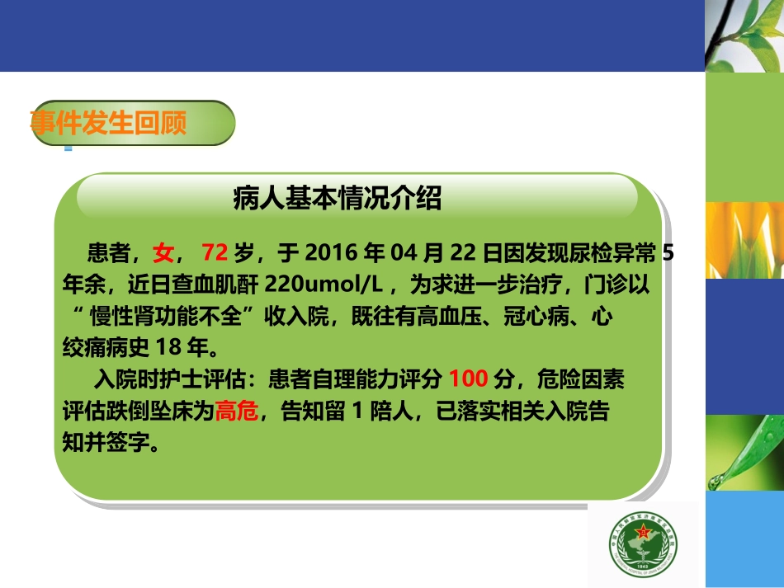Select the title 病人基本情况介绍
tap(338, 199)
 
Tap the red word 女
tap(163, 252)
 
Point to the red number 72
tap(214, 252)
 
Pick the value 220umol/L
tap(324, 285)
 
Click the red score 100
tap(469, 380)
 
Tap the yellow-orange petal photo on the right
tap(744, 240)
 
